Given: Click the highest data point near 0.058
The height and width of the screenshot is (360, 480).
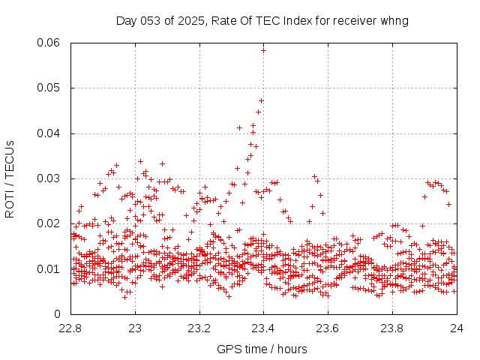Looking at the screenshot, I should (263, 50).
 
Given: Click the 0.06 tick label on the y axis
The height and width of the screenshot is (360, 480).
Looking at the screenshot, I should (49, 43).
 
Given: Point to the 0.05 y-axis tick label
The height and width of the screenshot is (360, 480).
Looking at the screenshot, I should (49, 88).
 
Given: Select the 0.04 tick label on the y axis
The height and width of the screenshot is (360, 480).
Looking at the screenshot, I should (49, 133).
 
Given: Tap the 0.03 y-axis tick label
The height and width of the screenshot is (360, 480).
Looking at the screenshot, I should (49, 178).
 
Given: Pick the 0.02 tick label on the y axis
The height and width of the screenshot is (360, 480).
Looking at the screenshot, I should (49, 223).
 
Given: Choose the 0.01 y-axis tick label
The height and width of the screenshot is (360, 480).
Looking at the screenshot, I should (49, 268).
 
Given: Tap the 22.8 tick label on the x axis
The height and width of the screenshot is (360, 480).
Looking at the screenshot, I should (70, 328).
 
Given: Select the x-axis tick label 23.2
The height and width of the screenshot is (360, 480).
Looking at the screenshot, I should (199, 328).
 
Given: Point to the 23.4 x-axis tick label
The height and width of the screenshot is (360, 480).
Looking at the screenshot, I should (264, 328).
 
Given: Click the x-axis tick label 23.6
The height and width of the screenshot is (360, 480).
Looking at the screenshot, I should (328, 328).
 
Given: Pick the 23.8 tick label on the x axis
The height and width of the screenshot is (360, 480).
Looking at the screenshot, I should (393, 328).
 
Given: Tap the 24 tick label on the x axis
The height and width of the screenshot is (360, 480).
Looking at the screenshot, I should (457, 328).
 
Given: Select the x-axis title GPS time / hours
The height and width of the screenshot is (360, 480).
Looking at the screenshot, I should (262, 349).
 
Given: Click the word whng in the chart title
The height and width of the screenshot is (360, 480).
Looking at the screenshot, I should (394, 20).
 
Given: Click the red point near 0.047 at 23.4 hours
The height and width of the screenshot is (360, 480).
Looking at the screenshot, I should (261, 100).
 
